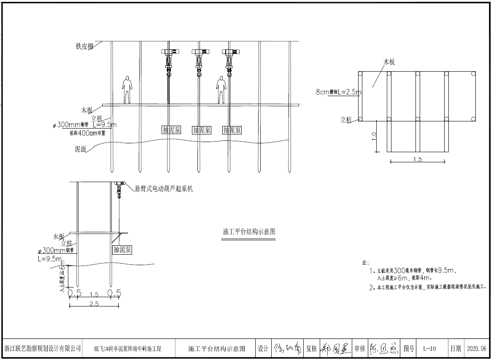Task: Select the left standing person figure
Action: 127,89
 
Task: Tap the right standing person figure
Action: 220,89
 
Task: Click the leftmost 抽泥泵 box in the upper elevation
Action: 172,130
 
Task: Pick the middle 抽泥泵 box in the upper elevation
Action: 202,130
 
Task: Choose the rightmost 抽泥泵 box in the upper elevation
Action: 232,130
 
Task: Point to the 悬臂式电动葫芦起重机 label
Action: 164,189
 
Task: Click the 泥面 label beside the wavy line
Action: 80,149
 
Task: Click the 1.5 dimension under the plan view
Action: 417,159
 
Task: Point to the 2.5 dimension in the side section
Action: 94,304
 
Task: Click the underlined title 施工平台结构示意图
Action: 249,231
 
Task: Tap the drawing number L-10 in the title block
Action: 429,349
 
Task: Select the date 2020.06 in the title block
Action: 477,349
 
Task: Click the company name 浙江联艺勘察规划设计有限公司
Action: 43,349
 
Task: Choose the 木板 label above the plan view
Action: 388,62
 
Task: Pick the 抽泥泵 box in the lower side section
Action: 122,250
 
